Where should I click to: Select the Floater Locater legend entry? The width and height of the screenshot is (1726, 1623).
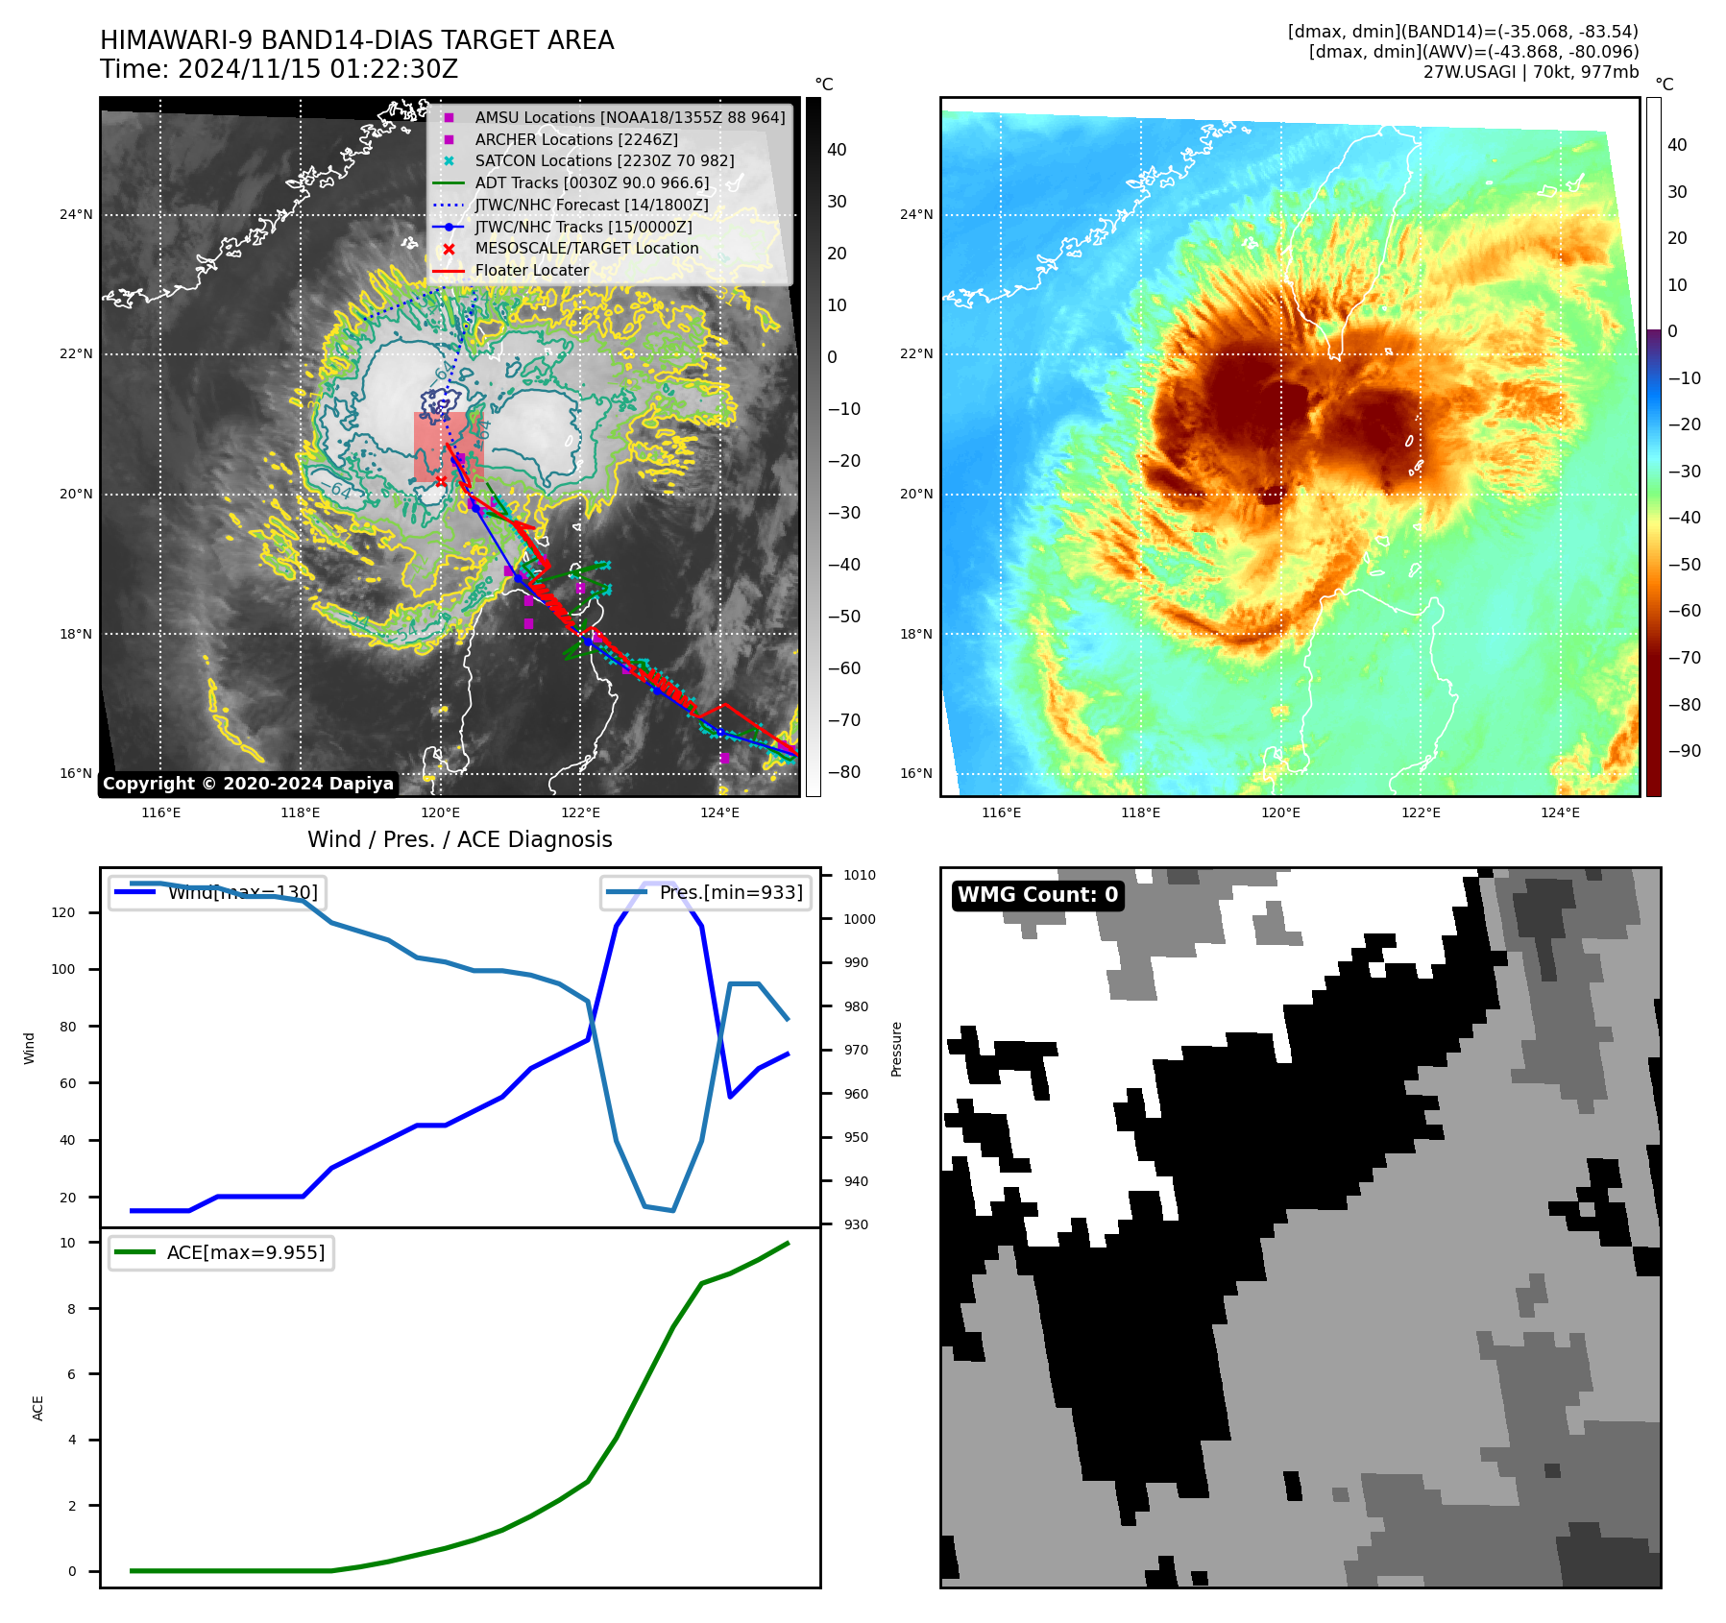point(531,271)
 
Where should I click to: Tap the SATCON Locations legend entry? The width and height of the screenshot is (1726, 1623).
point(604,161)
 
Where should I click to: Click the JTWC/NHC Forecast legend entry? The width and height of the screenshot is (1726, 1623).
point(592,206)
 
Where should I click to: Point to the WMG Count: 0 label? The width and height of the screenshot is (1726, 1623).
point(1037,895)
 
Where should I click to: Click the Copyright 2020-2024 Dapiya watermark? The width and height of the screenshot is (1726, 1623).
point(248,784)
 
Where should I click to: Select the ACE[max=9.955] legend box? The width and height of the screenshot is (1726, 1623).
point(222,1253)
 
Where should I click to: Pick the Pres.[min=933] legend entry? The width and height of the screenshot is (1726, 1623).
point(707,893)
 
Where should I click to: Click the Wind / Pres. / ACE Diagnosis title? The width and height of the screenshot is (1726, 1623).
point(459,839)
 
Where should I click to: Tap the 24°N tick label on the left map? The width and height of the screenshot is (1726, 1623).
point(76,215)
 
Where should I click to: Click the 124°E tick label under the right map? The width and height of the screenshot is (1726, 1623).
point(1560,813)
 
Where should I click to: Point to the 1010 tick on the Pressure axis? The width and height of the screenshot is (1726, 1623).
point(860,876)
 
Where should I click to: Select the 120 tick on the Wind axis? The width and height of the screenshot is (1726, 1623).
point(63,913)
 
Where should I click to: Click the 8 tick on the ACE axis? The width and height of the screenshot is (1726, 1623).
point(71,1309)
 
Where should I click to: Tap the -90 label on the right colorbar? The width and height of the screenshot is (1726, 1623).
point(1684,751)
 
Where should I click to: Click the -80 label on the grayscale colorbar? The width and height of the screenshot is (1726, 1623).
point(844,772)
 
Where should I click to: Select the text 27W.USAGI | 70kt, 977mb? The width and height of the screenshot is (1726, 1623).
point(1530,72)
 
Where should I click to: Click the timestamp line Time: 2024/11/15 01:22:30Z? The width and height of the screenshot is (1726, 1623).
point(280,70)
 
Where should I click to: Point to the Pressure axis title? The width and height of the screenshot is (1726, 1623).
point(896,1049)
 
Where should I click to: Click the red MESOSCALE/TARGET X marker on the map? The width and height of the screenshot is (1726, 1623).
point(441,481)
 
